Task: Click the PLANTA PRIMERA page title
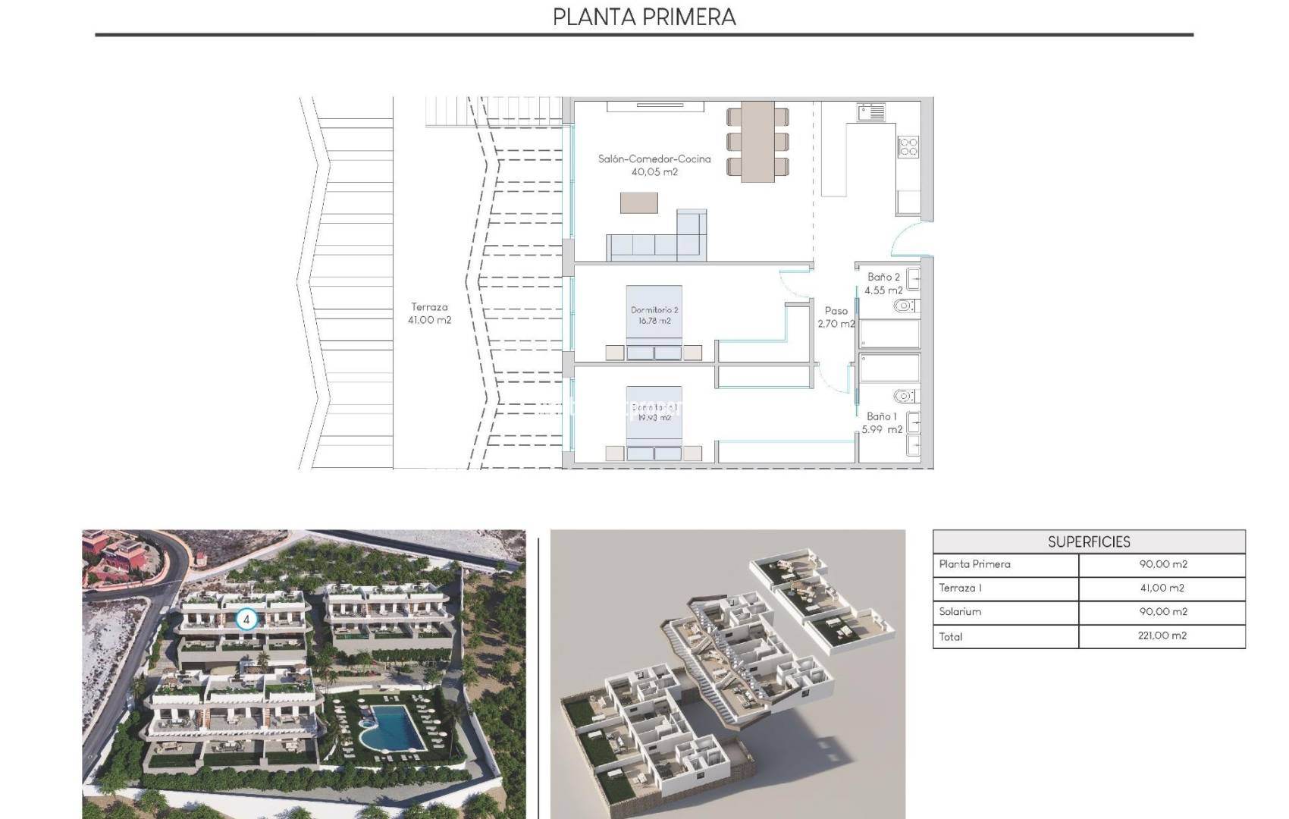(644, 17)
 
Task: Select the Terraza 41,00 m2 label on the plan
(429, 313)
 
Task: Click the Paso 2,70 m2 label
(836, 317)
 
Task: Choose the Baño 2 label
(883, 283)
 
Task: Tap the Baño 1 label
(882, 422)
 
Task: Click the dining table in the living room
(757, 141)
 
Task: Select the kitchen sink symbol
(871, 113)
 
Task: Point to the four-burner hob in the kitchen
(908, 146)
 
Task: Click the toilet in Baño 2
(903, 306)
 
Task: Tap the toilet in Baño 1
(903, 396)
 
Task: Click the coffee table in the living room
(638, 202)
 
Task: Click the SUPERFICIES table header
(1088, 541)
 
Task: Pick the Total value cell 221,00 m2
(1162, 636)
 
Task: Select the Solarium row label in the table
(960, 612)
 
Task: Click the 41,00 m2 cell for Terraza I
(1162, 588)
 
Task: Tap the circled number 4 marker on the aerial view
(246, 620)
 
